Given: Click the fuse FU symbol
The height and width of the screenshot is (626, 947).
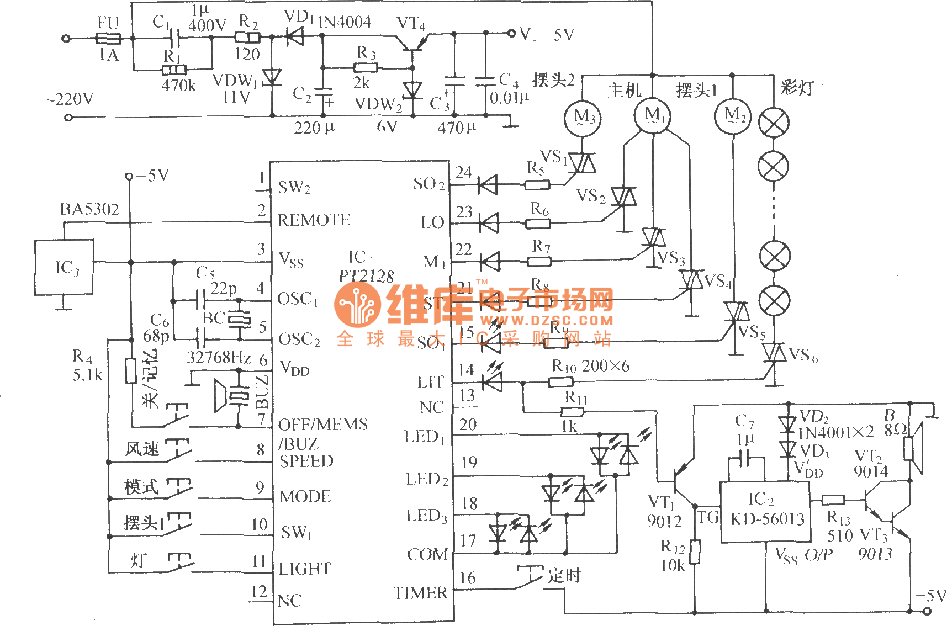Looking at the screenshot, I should coord(108,38).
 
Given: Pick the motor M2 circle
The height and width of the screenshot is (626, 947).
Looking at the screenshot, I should coord(733,116).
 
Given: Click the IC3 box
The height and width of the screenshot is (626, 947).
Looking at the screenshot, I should coord(64,268).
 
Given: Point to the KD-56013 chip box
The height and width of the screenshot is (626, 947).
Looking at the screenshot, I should coord(765,511).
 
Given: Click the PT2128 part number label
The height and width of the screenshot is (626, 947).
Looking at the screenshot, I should coord(366,275).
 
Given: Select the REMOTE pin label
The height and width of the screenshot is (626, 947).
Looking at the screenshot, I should coord(314,220).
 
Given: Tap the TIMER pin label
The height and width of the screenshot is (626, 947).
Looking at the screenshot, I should coord(421,593).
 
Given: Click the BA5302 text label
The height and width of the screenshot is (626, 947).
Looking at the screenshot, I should coord(89,209).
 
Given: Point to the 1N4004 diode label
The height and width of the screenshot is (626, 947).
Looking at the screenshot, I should coord(345,23).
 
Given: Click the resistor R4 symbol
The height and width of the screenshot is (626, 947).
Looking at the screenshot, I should coord(130,370).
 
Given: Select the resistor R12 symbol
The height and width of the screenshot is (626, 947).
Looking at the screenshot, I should coord(695,552).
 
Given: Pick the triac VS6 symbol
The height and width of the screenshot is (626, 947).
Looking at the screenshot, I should coord(774,353).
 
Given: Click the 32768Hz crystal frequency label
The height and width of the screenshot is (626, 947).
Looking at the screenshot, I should coord(219,358).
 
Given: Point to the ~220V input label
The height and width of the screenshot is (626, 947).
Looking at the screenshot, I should coord(70,100).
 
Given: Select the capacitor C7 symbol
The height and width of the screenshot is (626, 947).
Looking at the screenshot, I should coord(746,458).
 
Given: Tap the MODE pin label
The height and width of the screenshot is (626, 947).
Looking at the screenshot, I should coord(305,497).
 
